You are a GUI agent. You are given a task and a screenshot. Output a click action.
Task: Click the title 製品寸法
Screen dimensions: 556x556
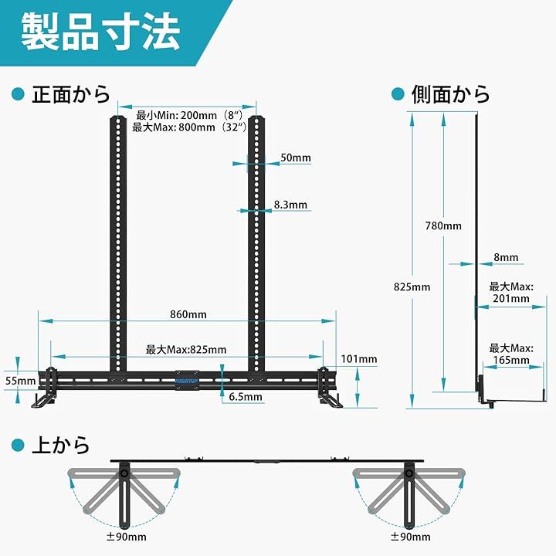click(100, 32)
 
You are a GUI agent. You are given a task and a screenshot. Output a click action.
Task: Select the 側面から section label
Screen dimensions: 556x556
click(451, 95)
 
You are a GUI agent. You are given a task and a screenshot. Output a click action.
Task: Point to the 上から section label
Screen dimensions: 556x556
click(60, 446)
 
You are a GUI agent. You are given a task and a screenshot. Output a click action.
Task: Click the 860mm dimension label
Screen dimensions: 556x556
click(189, 314)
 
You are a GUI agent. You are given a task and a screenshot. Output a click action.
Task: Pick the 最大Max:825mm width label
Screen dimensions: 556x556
click(186, 350)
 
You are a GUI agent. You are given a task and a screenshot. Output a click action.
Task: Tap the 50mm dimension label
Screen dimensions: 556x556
click(296, 158)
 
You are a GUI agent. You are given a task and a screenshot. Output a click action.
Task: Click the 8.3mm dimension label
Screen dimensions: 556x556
click(290, 205)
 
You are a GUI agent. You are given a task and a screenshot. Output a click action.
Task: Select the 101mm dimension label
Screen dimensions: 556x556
click(358, 358)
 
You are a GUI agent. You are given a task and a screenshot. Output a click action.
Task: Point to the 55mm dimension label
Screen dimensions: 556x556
click(20, 380)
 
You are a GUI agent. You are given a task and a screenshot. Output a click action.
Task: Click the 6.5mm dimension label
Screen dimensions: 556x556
click(246, 397)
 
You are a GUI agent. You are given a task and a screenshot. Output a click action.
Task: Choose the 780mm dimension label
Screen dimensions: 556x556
click(443, 225)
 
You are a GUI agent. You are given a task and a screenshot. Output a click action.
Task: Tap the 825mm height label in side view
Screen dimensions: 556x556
click(412, 286)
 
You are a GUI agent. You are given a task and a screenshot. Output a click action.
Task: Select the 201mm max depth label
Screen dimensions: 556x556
click(510, 292)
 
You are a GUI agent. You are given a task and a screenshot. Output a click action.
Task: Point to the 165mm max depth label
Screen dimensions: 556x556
click(510, 354)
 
